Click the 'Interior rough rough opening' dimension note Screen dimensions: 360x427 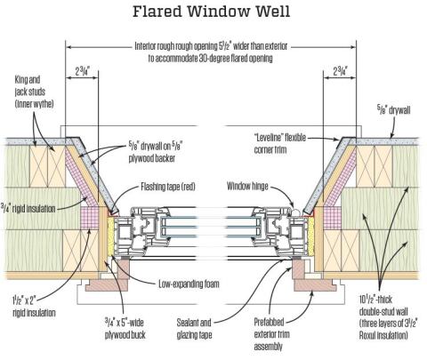pyautogui.click(x=213, y=49)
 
